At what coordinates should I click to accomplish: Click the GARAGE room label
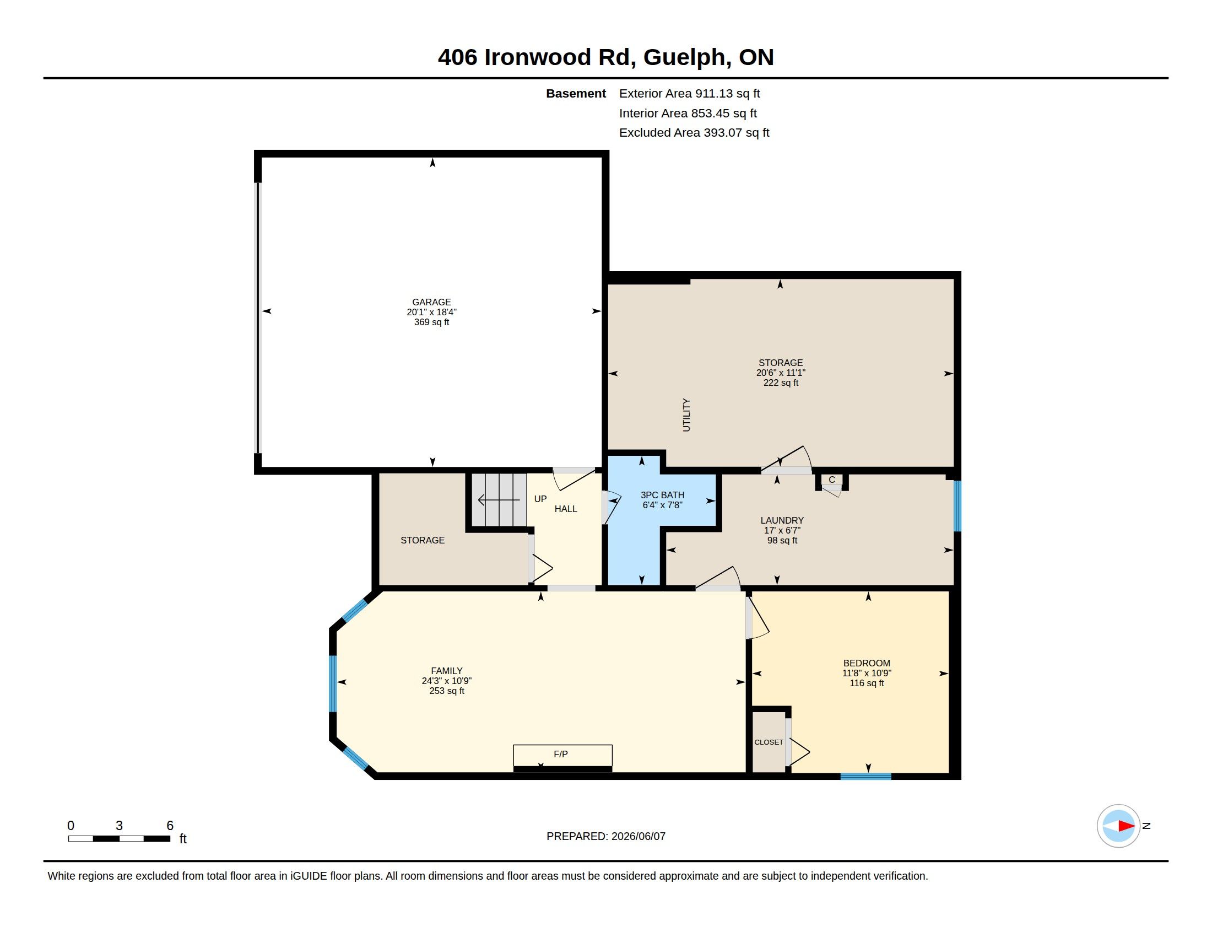coord(431,303)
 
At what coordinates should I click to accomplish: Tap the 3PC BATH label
coord(662,495)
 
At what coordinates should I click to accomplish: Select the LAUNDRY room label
coord(782,521)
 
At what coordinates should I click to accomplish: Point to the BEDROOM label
coord(866,663)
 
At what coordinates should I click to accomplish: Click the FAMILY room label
coord(447,671)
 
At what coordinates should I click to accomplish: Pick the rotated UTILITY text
coord(686,414)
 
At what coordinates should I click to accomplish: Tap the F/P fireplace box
coord(562,756)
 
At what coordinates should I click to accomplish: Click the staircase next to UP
coord(499,499)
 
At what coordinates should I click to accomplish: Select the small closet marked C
coord(831,481)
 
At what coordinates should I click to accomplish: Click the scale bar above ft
coord(120,839)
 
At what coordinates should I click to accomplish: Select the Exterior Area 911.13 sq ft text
coord(689,94)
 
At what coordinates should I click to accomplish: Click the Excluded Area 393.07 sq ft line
coord(694,133)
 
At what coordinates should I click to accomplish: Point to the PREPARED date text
coord(606,837)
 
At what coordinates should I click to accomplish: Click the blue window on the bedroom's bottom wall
coord(865,777)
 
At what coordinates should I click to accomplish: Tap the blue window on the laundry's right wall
coord(957,506)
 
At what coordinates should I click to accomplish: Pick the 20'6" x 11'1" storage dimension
coord(781,373)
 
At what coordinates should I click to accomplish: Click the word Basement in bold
coord(576,94)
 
